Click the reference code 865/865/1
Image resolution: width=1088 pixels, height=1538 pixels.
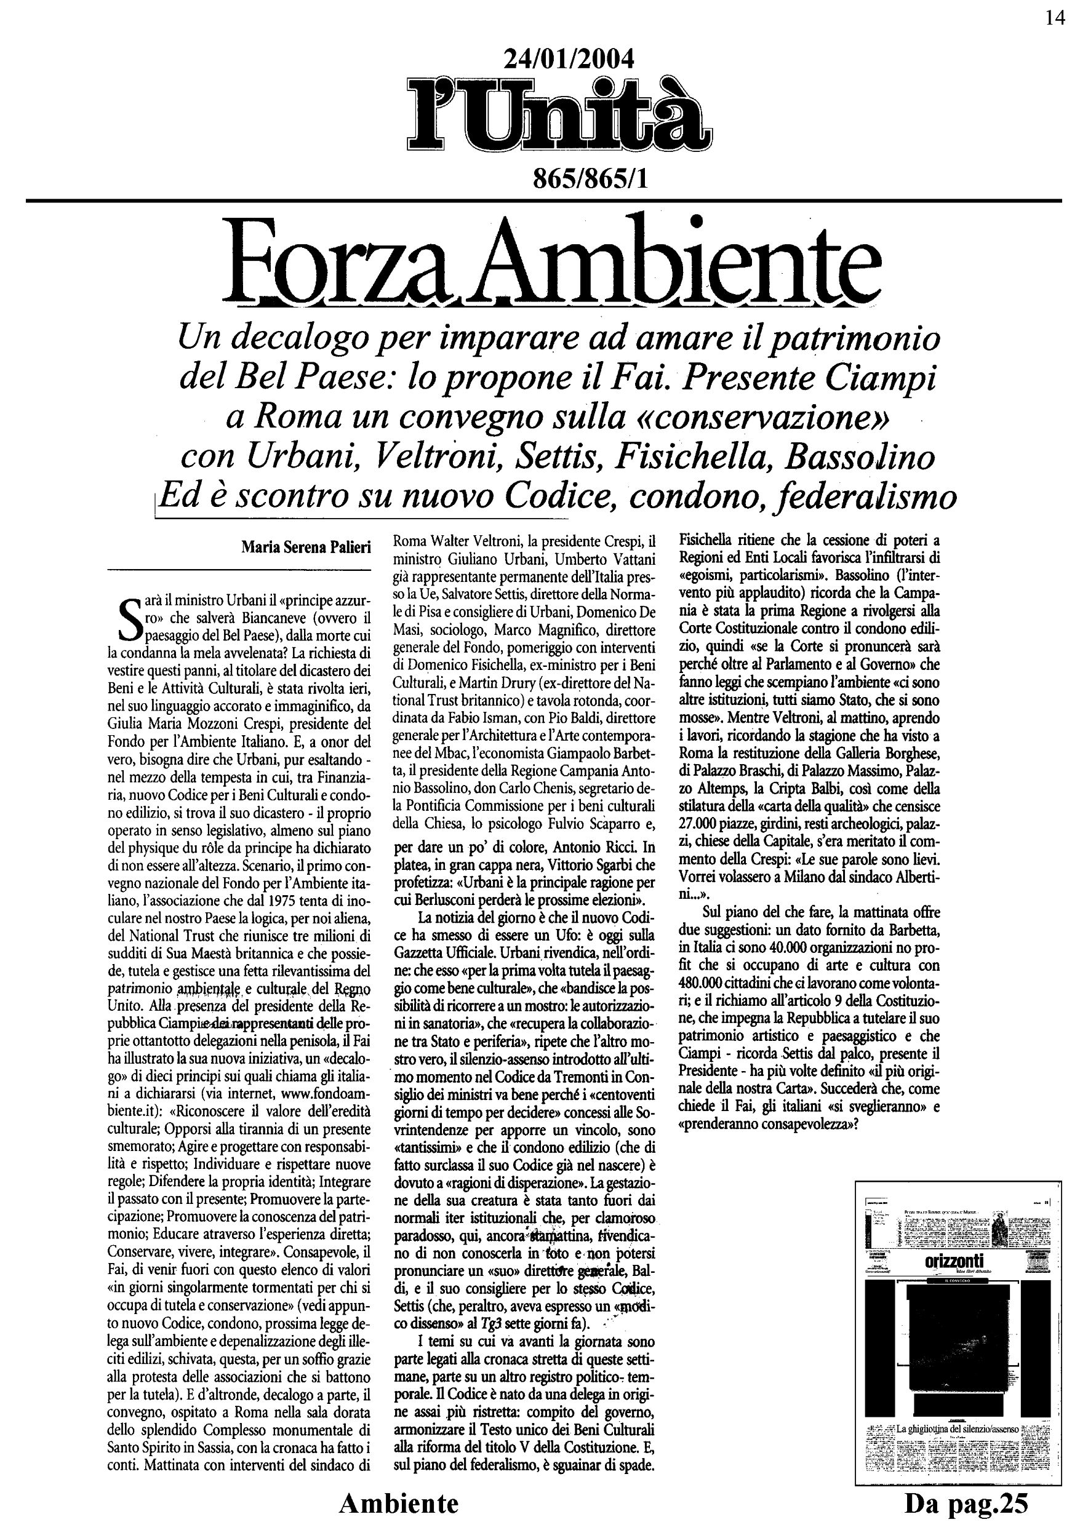[590, 179]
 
